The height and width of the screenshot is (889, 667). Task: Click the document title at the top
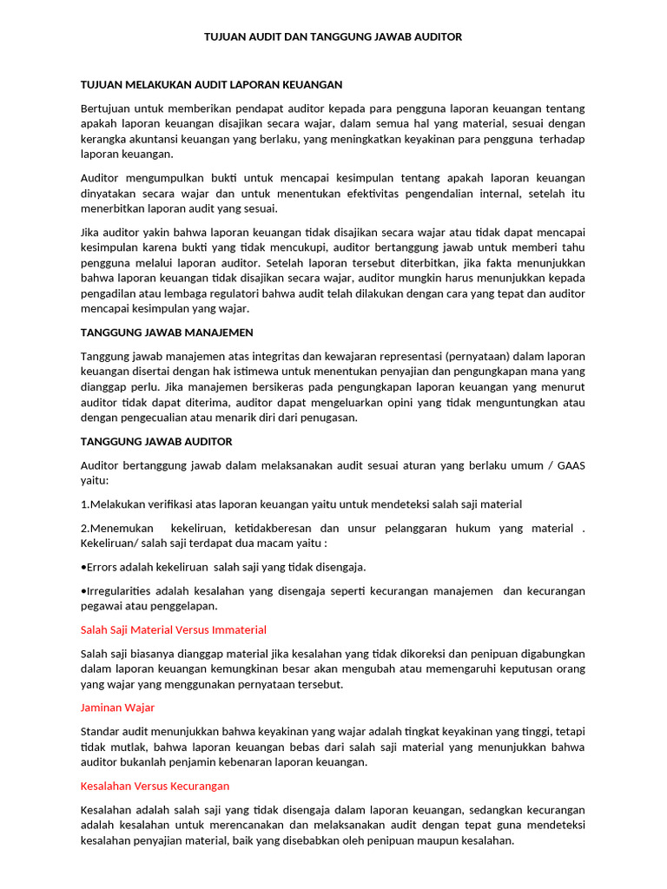click(333, 37)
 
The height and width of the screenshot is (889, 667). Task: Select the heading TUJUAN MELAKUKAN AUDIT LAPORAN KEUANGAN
click(211, 84)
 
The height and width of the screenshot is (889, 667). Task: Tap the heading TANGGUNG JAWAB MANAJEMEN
click(167, 333)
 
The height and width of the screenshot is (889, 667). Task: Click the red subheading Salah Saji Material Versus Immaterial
click(173, 629)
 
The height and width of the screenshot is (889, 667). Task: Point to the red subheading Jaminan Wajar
click(117, 708)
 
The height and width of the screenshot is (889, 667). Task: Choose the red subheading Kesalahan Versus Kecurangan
click(155, 786)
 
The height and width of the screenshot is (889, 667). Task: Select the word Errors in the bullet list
click(102, 567)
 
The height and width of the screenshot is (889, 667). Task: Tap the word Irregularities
click(118, 590)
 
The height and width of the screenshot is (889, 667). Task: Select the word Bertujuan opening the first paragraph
click(108, 109)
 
